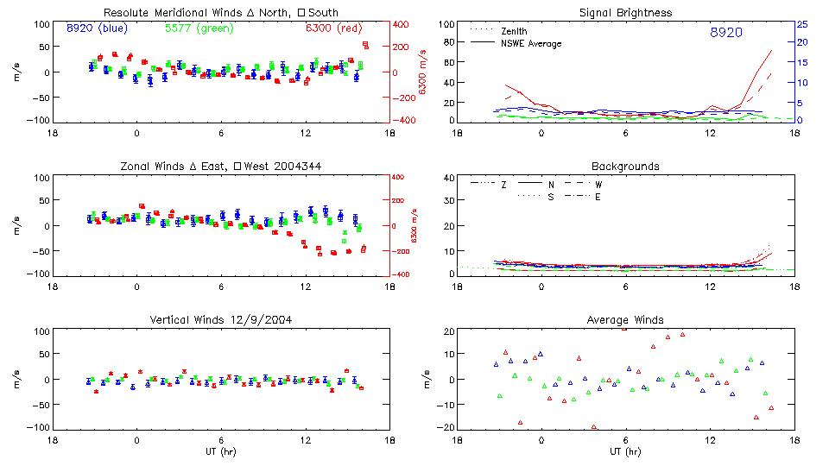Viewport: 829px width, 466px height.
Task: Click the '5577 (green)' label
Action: [196, 28]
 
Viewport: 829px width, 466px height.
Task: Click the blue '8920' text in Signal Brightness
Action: [725, 32]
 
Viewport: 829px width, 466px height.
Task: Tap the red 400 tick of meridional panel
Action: [402, 24]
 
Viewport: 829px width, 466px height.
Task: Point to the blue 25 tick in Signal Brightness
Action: [801, 24]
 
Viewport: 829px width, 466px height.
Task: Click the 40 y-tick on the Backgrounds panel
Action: [448, 179]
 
